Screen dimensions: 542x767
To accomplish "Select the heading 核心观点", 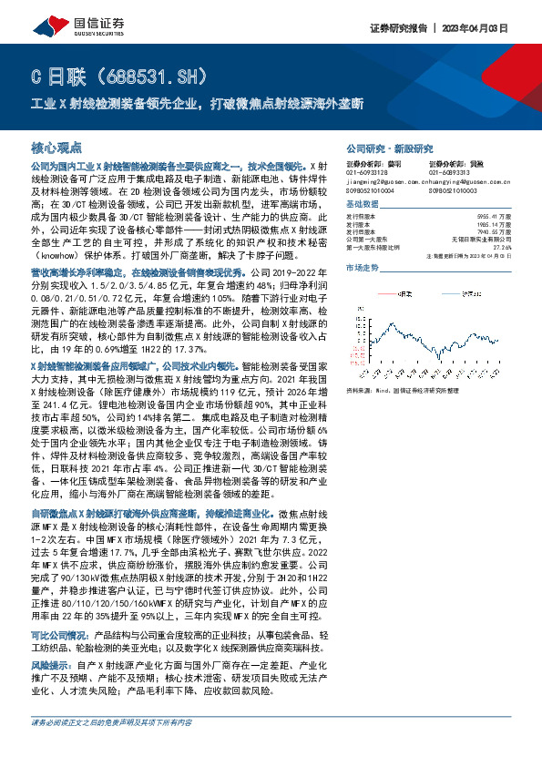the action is (x=56, y=146).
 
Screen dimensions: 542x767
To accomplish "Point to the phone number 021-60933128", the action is (x=366, y=172).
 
